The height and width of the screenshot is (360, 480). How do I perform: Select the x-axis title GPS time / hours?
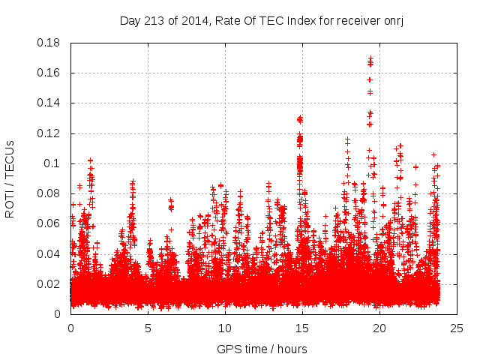click(262, 349)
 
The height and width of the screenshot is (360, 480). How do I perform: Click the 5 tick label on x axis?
click(148, 328)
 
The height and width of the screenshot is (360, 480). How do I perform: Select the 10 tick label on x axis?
click(225, 328)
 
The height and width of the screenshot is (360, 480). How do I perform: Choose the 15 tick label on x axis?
click(302, 328)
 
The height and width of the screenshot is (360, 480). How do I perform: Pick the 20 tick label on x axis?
click(379, 328)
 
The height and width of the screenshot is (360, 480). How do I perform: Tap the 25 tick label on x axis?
click(457, 328)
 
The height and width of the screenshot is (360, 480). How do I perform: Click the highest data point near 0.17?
click(370, 58)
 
